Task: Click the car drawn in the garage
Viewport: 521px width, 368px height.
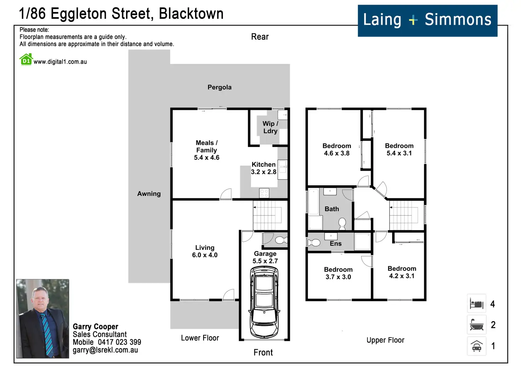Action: [x=264, y=302]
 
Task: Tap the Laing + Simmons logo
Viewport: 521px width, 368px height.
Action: [x=428, y=21]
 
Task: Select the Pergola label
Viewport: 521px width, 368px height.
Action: [x=219, y=87]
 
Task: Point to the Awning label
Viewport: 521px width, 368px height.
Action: [x=149, y=194]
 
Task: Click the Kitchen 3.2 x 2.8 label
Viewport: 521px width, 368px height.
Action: [x=264, y=168]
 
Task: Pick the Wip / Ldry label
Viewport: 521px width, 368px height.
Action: [x=270, y=127]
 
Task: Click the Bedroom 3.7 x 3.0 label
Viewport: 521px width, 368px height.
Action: [x=338, y=273]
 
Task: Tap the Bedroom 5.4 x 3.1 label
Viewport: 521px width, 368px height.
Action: [x=399, y=150]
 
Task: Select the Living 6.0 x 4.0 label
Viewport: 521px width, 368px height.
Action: [x=205, y=251]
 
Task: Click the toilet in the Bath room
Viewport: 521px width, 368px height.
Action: [x=342, y=223]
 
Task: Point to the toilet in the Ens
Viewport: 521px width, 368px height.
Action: [x=314, y=243]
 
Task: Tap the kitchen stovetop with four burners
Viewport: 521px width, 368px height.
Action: [x=264, y=193]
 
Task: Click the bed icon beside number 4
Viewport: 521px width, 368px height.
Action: [x=476, y=303]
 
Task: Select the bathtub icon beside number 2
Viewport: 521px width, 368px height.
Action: [x=476, y=325]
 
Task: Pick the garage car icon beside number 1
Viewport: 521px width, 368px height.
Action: [x=476, y=346]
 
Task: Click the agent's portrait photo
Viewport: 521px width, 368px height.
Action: [x=42, y=319]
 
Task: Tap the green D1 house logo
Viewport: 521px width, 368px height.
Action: [x=26, y=60]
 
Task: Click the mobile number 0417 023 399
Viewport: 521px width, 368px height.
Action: [x=119, y=342]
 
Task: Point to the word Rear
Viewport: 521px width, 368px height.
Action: [x=260, y=37]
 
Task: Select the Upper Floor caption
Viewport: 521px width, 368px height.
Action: [x=385, y=340]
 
